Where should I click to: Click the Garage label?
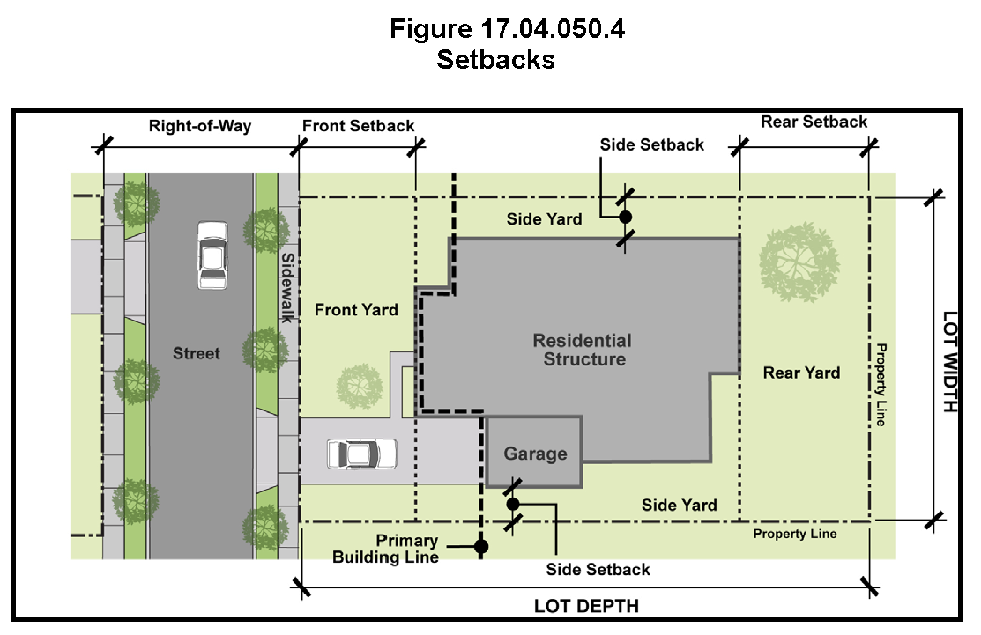tap(536, 454)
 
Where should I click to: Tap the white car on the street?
tap(212, 255)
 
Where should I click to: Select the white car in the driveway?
tap(361, 454)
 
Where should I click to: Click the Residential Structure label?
tap(583, 350)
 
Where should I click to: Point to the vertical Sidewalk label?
tap(287, 287)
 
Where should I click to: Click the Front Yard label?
tap(356, 310)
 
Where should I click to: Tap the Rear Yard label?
tap(801, 373)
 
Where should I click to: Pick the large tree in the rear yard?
tap(799, 262)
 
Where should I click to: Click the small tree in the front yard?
tap(360, 387)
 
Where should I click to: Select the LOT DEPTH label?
tap(586, 606)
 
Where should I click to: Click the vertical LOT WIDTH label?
tap(950, 362)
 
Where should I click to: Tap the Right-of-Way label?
tap(200, 126)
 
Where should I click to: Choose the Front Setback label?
tap(359, 126)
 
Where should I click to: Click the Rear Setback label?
tap(814, 122)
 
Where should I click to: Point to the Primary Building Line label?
tap(385, 549)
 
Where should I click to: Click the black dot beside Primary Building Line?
tap(481, 547)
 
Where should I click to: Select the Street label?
tap(197, 354)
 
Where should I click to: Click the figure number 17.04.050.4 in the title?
tap(552, 29)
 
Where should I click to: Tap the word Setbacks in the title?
tap(495, 60)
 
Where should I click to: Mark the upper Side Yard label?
tap(545, 219)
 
